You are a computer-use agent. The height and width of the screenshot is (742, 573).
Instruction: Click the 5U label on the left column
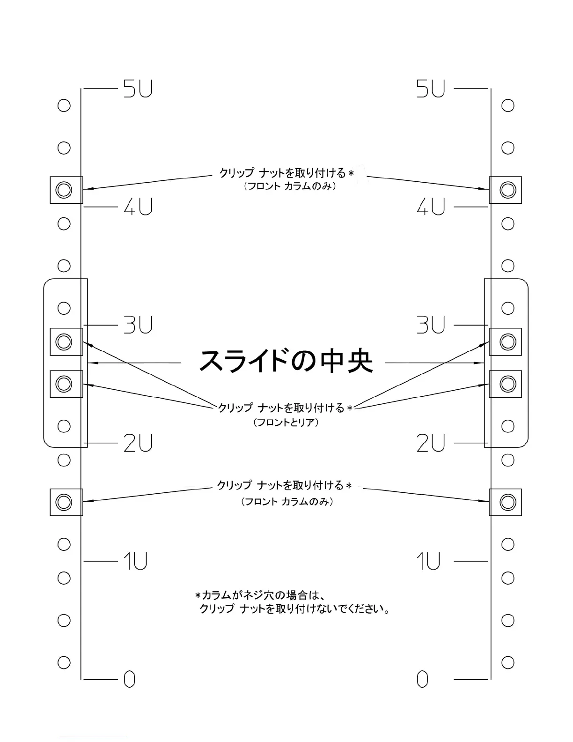tap(138, 89)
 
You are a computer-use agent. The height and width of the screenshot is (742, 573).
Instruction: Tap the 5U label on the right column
tap(431, 89)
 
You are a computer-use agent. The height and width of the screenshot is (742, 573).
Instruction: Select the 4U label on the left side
tap(138, 207)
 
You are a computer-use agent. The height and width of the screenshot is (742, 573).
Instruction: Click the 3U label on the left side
tap(138, 325)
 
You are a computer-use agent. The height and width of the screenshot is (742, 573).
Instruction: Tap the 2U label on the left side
tap(138, 443)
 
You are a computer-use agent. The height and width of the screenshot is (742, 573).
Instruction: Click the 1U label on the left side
tap(136, 561)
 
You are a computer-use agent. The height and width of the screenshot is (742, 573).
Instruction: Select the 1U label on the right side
tap(428, 561)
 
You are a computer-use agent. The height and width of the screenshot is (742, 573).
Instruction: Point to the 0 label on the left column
tap(130, 679)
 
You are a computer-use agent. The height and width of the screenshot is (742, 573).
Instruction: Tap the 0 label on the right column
tap(422, 679)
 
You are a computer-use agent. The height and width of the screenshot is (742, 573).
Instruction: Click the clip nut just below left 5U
tap(64, 190)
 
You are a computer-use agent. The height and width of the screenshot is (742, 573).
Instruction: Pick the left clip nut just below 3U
tap(64, 341)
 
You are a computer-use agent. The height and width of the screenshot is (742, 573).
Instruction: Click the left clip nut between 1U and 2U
tap(64, 502)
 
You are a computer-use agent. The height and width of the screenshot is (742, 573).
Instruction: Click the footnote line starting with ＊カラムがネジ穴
tap(260, 595)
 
